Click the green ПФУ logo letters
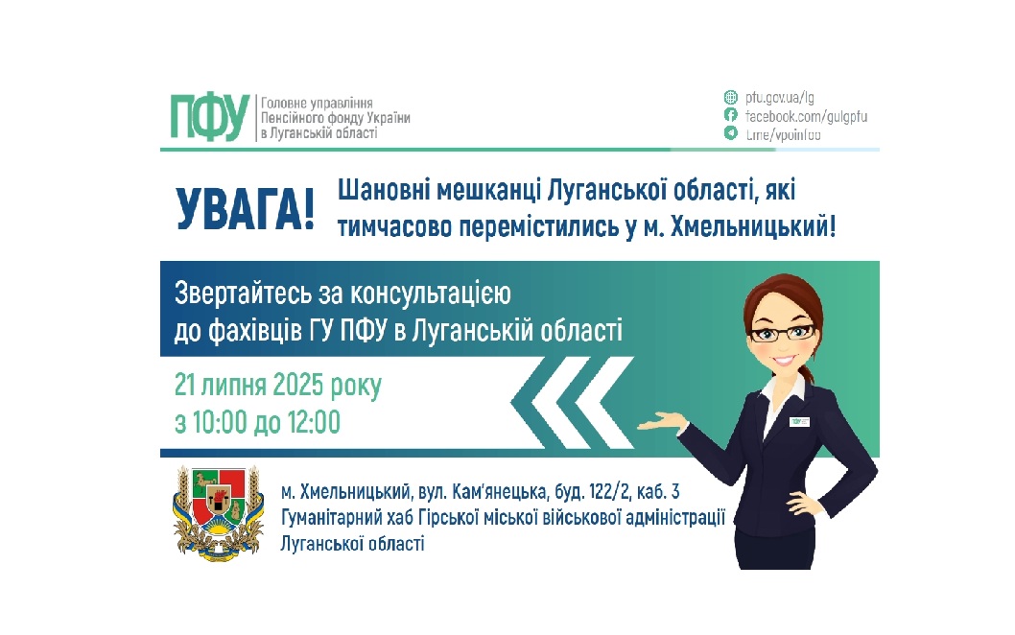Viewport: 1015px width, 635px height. click(209, 117)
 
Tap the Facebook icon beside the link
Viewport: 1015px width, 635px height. click(731, 115)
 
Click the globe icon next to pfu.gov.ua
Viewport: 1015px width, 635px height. click(731, 97)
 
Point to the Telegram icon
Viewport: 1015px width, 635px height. click(731, 133)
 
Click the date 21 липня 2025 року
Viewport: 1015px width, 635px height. click(277, 386)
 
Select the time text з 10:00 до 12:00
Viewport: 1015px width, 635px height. click(257, 421)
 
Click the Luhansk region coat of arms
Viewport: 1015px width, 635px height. click(219, 514)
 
